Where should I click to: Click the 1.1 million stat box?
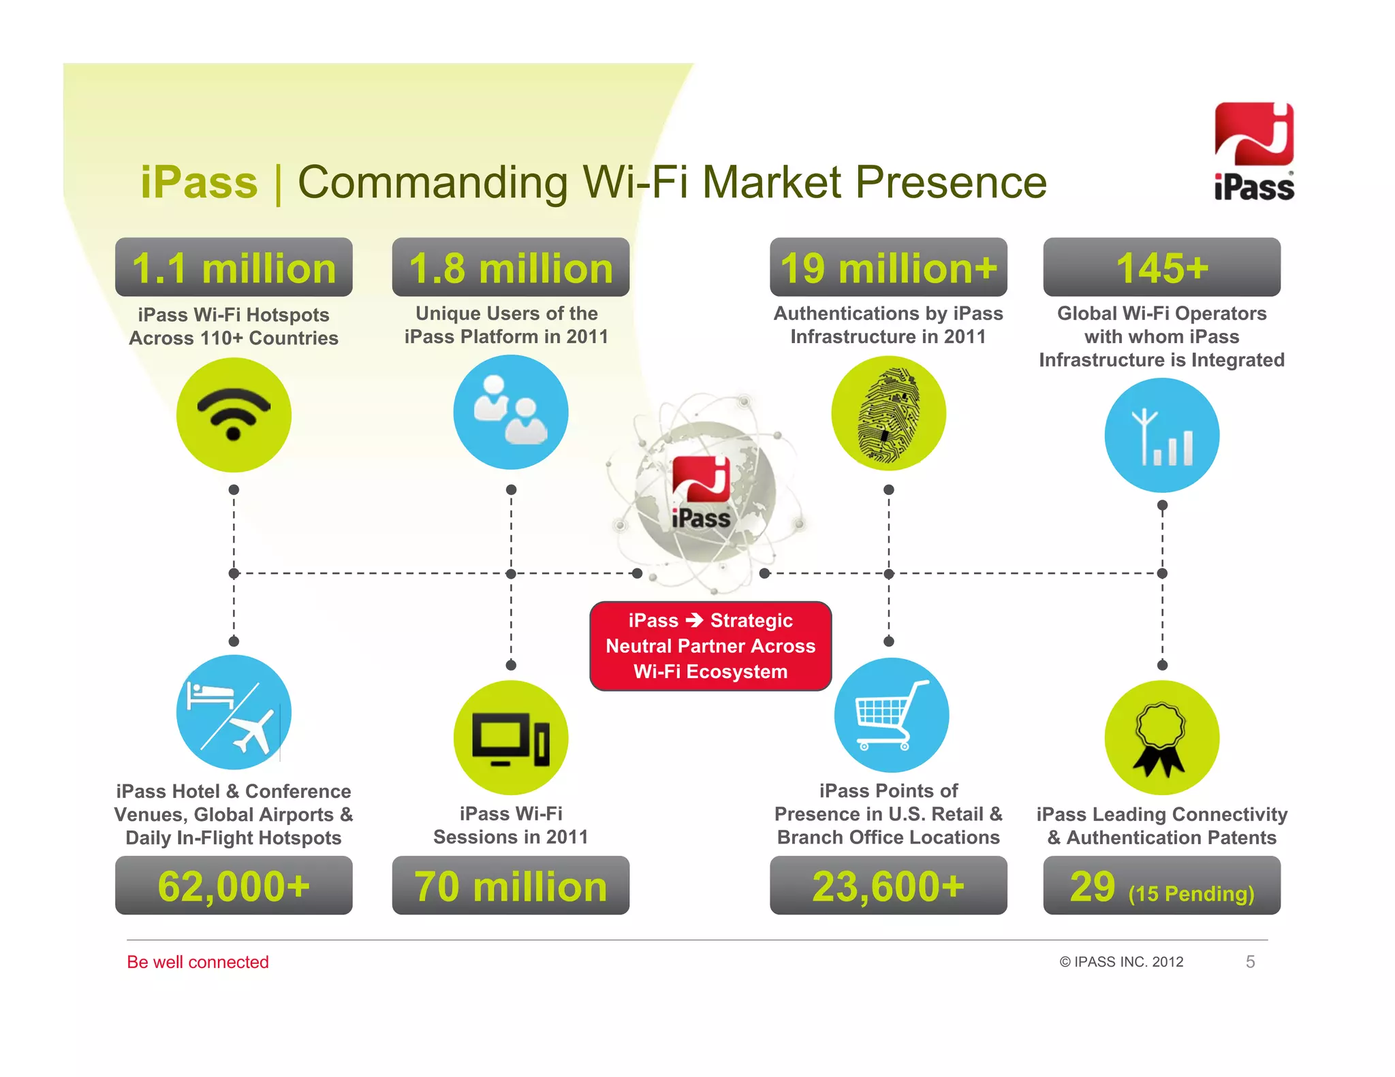point(234,268)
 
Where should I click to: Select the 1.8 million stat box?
point(511,268)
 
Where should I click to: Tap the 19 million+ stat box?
point(888,268)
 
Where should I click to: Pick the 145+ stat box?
point(1162,268)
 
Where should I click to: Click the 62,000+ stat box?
point(234,886)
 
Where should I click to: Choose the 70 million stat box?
point(511,886)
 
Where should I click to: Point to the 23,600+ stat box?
point(888,886)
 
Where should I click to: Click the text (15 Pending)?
point(1191,893)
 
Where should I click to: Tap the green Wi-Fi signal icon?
point(234,415)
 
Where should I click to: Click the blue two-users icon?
point(511,412)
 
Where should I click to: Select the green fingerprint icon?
point(888,413)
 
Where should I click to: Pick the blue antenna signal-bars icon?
point(1162,436)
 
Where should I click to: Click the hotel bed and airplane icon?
point(234,713)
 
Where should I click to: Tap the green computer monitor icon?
point(511,738)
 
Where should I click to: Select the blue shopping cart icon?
point(891,715)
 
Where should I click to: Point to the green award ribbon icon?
point(1162,738)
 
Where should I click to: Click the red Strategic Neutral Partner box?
point(710,646)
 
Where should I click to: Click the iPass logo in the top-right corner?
point(1254,152)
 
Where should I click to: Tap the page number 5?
point(1250,962)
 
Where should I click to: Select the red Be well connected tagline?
point(198,962)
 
